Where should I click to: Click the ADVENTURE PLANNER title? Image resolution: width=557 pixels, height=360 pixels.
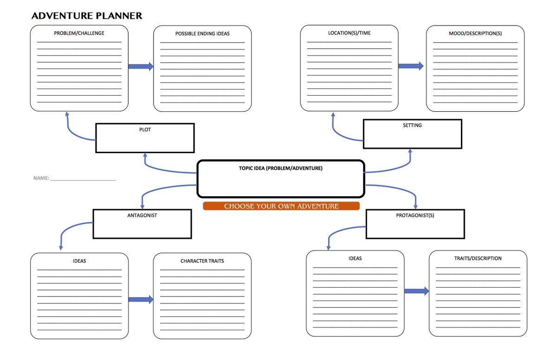coord(87,16)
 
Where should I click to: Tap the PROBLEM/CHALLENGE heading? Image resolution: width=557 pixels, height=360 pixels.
coord(79,33)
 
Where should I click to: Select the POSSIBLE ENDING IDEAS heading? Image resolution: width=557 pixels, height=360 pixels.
coord(202,34)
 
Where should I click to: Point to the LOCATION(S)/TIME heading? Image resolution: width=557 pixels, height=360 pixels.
coord(349,33)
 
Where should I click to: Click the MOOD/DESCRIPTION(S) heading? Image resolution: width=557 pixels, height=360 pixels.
coord(475,33)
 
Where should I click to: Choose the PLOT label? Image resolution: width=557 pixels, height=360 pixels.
coord(145,130)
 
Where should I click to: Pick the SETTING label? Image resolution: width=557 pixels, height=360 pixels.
coord(412,125)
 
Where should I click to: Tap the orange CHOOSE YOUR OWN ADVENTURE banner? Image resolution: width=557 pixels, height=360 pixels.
coord(281,206)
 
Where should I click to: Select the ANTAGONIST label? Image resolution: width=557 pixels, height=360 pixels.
coord(142,215)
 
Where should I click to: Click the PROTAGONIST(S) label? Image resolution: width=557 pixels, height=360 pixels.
coord(415,215)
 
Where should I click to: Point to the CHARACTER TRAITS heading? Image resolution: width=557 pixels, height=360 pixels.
coord(202,261)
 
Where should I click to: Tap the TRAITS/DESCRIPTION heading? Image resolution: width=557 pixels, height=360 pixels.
coord(478,258)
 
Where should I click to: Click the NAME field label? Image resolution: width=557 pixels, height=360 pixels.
coord(41,178)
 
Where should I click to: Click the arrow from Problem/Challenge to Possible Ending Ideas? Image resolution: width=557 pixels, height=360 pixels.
coord(141,66)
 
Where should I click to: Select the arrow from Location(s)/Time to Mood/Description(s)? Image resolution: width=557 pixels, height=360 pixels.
coord(411,66)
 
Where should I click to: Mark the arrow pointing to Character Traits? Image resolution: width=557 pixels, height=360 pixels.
coord(141,299)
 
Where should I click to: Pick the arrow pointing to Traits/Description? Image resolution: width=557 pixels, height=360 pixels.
coord(416,291)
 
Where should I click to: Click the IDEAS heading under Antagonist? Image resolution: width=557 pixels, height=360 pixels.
coord(79,261)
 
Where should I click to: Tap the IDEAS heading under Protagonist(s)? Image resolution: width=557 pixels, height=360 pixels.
coord(355,258)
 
